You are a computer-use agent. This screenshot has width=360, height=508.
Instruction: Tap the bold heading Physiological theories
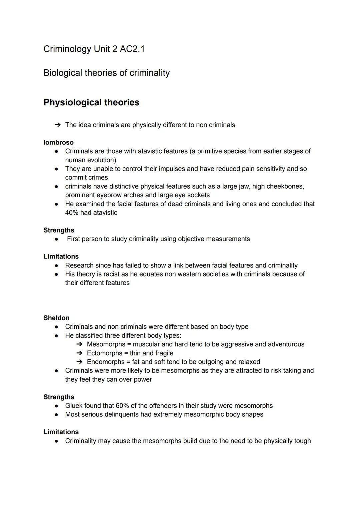[91, 102]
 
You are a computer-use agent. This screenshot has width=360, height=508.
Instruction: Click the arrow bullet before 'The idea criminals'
[57, 125]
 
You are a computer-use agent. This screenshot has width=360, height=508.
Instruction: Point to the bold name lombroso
[58, 143]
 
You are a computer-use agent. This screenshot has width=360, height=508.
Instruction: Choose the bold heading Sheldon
[56, 318]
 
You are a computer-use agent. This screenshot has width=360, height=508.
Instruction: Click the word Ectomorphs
[104, 353]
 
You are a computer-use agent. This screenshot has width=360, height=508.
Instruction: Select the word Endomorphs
[106, 362]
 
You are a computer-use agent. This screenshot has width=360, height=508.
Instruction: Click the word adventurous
[286, 344]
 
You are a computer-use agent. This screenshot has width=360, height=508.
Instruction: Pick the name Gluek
[74, 406]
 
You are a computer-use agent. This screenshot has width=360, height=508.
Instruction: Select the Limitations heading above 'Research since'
[61, 256]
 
